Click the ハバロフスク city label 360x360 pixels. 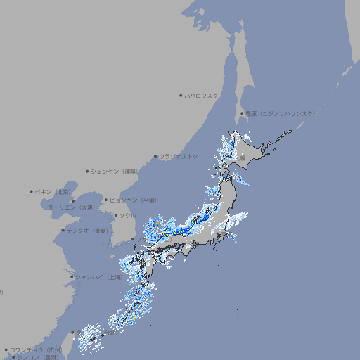(201, 95)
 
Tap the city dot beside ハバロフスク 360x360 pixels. (181, 95)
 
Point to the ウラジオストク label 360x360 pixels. (179, 156)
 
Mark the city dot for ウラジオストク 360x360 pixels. (155, 156)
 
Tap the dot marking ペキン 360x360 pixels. (32, 191)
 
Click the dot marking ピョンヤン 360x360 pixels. (106, 200)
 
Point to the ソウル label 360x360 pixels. (127, 215)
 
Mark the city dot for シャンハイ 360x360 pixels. (71, 277)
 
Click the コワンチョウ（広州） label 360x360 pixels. (35, 349)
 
